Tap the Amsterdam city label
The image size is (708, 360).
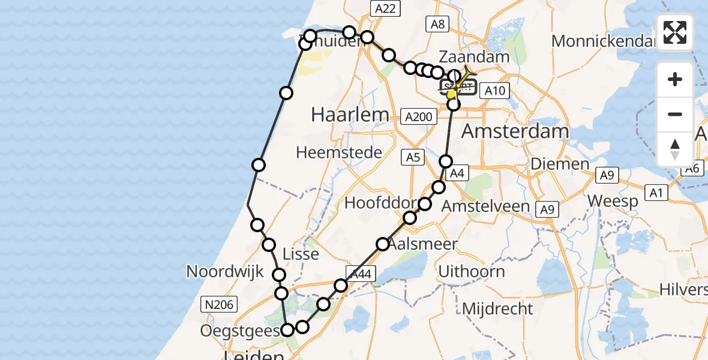pos(515,131)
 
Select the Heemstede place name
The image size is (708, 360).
pos(339,152)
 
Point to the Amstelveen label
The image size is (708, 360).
pos(485,206)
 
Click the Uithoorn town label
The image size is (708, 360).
pos(471,271)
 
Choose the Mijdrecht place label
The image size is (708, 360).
pos(497,309)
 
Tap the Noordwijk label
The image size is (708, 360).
pos(224,271)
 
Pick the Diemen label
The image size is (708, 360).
pos(560,164)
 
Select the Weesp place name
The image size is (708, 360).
pos(613,200)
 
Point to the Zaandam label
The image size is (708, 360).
pos(474,57)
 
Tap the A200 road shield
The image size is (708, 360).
pos(419,116)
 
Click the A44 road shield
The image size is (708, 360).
pos(362,274)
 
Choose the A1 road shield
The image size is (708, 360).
pos(656,193)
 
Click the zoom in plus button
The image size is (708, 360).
pos(675,79)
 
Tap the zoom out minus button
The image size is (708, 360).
pos(675,114)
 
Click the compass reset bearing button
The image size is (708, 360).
pos(675,149)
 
